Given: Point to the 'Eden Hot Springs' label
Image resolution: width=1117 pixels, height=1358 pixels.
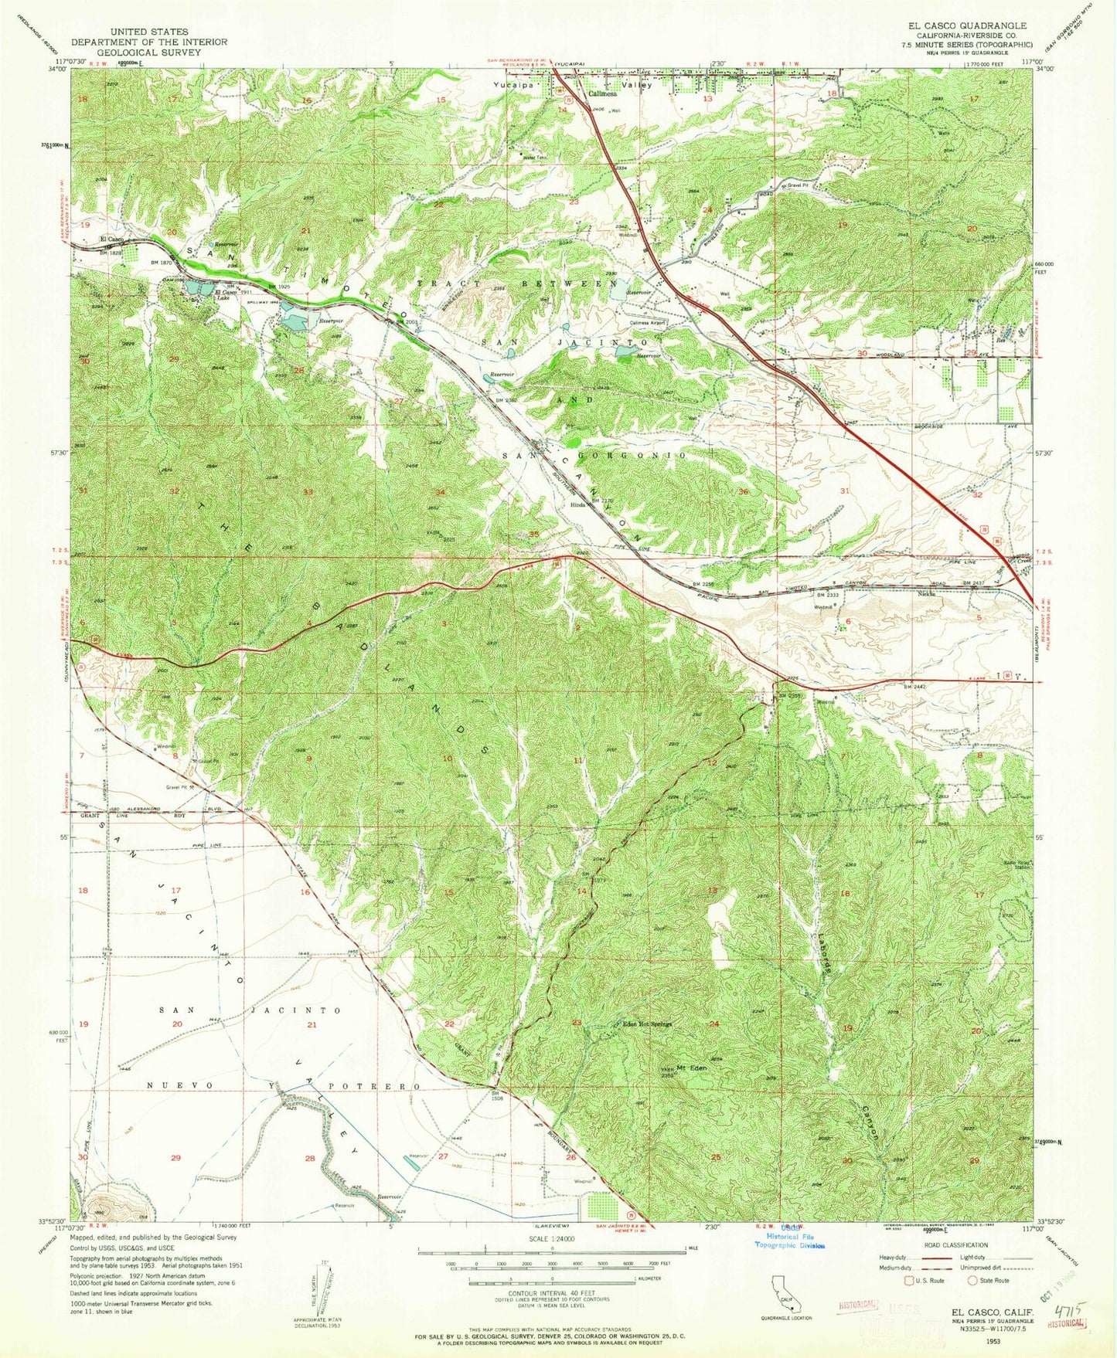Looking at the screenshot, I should [x=648, y=1025].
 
